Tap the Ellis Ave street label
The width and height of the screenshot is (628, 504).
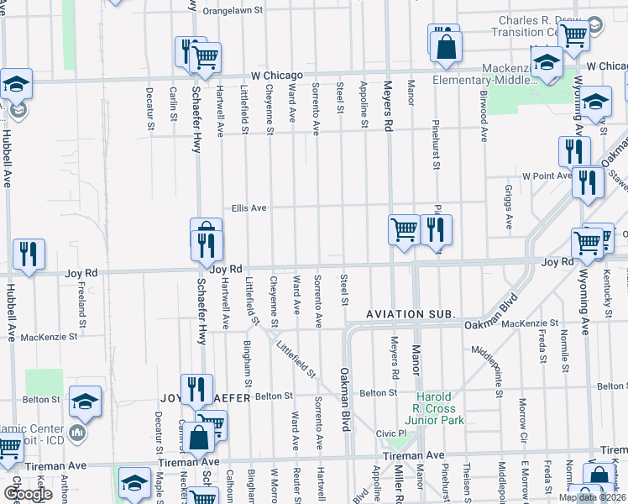tap(249, 207)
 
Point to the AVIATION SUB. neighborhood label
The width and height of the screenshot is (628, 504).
tap(411, 313)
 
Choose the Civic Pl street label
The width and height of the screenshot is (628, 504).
tap(390, 433)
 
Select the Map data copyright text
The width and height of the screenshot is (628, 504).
tap(591, 497)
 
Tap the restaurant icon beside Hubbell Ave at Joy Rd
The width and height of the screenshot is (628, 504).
tap(29, 254)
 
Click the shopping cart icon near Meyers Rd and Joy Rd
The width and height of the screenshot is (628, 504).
tap(405, 228)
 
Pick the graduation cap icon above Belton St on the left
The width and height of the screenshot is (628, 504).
tap(85, 401)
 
